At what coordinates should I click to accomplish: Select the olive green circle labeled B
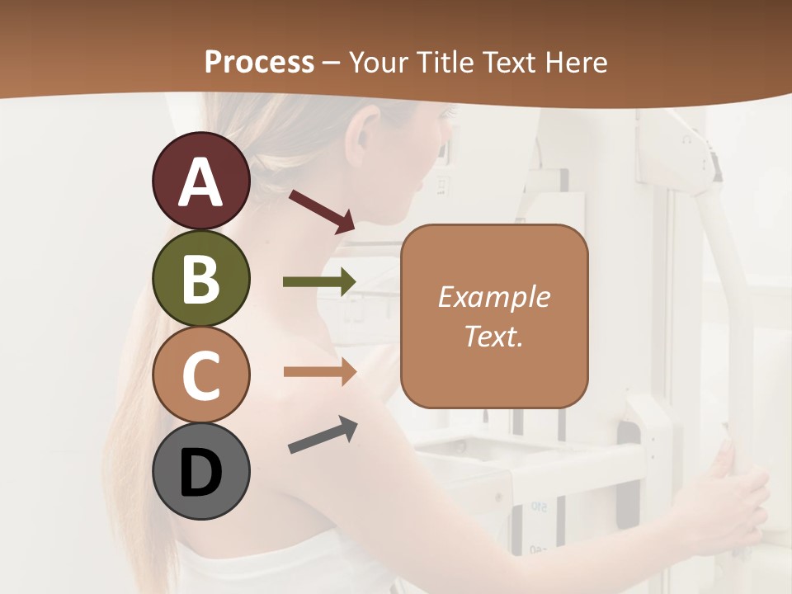pyautogui.click(x=200, y=279)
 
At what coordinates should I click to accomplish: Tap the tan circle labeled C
pyautogui.click(x=200, y=375)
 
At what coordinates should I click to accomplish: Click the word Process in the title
pyautogui.click(x=259, y=63)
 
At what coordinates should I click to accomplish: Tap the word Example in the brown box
pyautogui.click(x=493, y=297)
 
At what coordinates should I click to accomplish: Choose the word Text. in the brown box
pyautogui.click(x=493, y=336)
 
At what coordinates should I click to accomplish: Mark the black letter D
pyautogui.click(x=200, y=473)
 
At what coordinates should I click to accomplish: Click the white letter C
pyautogui.click(x=200, y=375)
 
